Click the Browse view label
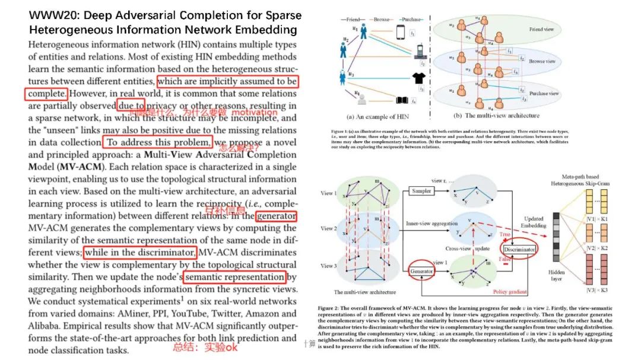542,61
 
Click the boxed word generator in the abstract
277,216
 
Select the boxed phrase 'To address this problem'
157,142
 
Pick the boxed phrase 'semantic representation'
234,277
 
